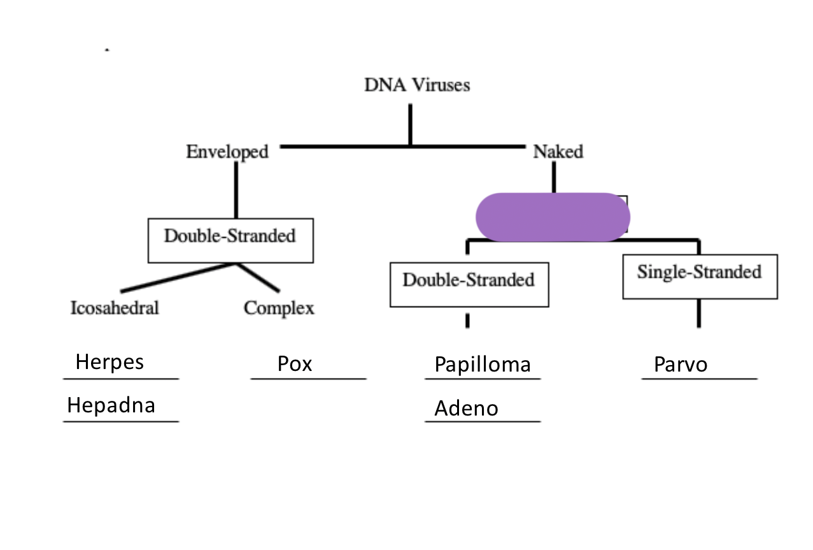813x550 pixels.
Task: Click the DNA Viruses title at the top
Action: pos(417,85)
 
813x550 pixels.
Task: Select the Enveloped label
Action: pos(227,152)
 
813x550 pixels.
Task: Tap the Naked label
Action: pos(558,152)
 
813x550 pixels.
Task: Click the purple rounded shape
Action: pos(553,217)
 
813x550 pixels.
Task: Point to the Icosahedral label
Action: pos(115,308)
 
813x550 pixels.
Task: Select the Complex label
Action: pos(279,308)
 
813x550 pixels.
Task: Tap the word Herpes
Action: pos(110,362)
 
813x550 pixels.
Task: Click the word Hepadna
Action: pos(111,405)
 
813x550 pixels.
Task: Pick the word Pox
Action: pos(295,364)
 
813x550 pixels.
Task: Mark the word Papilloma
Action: pos(482,365)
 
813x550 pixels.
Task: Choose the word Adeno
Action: pos(466,409)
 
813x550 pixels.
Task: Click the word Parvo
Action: pos(680,365)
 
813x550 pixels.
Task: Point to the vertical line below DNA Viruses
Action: pos(410,125)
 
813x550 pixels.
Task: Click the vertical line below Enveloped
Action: pos(236,190)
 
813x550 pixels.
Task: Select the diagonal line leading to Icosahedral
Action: pos(179,277)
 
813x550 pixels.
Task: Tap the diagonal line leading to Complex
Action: pos(259,277)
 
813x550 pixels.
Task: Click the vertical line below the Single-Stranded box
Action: pos(699,312)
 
